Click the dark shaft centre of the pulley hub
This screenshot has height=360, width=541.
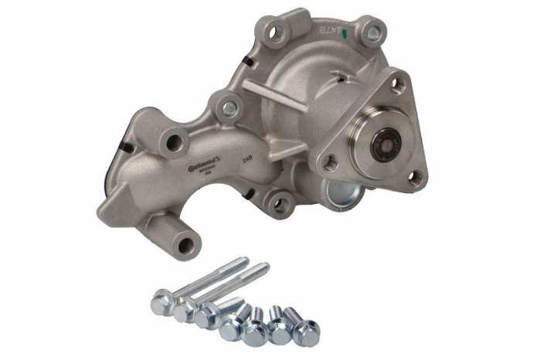pyautogui.click(x=383, y=145)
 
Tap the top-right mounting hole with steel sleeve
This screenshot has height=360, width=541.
pyautogui.click(x=373, y=32)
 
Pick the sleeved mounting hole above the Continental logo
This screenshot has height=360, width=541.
pyautogui.click(x=229, y=109)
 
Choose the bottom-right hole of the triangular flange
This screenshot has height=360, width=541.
pyautogui.click(x=414, y=177)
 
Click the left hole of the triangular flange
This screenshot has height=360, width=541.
pyautogui.click(x=330, y=162)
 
